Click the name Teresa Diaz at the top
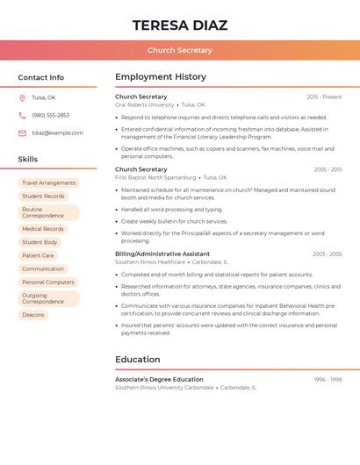(x=180, y=25)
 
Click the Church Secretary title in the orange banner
(x=180, y=51)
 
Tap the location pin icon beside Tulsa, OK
(x=22, y=97)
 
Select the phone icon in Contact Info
(x=22, y=115)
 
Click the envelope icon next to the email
(x=22, y=133)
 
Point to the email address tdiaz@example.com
(x=57, y=133)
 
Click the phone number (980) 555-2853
(x=50, y=115)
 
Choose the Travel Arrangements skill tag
(x=48, y=183)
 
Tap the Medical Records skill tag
(x=43, y=229)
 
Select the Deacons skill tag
(x=33, y=314)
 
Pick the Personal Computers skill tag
(x=48, y=283)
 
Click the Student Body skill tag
(x=40, y=242)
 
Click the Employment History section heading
(x=161, y=77)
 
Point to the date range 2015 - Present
(x=324, y=97)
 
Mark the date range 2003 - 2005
(x=327, y=254)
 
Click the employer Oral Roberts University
(x=145, y=104)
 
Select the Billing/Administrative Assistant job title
(x=162, y=254)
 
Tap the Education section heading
(x=138, y=360)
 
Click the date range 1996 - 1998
(x=328, y=380)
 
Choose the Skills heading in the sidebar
(x=28, y=160)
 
